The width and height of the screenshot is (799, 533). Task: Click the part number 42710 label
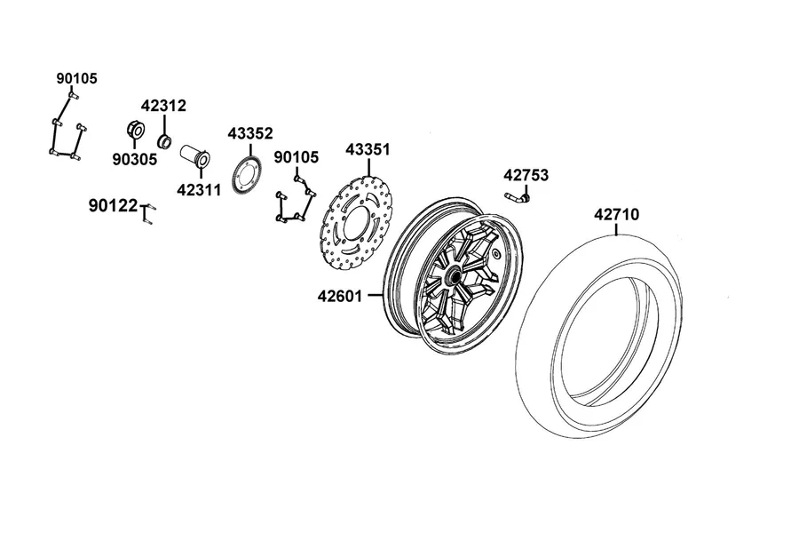616,215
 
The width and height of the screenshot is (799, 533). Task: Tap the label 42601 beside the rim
339,297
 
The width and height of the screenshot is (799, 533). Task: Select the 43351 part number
368,150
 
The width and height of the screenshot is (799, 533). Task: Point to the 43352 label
250,133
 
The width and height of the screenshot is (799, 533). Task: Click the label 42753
526,176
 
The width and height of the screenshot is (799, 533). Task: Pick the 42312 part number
163,106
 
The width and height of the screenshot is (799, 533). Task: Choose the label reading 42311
199,190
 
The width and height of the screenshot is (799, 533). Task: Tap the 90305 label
135,160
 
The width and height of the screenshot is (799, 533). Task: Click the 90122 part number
113,205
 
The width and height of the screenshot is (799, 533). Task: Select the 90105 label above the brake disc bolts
296,157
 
